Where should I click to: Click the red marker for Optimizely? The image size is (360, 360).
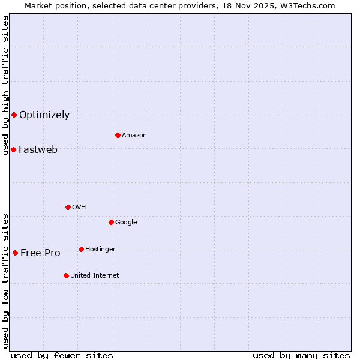click(x=14, y=115)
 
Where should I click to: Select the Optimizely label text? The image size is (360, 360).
click(x=44, y=115)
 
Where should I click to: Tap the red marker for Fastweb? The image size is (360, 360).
click(x=13, y=149)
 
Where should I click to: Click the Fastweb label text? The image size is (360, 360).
click(x=38, y=150)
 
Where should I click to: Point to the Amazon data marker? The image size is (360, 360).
click(x=118, y=135)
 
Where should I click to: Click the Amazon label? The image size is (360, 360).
click(x=134, y=136)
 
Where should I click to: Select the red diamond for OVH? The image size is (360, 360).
click(x=68, y=207)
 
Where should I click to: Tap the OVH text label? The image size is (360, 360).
click(x=79, y=208)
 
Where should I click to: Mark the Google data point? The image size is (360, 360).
click(x=111, y=222)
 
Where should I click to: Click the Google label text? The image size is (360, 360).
click(x=126, y=223)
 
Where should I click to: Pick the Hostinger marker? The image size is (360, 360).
click(x=81, y=249)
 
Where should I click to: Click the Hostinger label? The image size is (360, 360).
click(x=100, y=250)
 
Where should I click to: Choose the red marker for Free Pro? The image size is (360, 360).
click(x=15, y=253)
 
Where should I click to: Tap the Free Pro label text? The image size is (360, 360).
click(x=40, y=253)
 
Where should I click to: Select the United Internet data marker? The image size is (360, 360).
click(x=66, y=275)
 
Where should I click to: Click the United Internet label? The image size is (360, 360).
click(x=95, y=276)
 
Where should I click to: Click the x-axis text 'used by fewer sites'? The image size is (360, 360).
click(x=62, y=356)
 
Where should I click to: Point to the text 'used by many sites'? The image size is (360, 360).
click(x=301, y=356)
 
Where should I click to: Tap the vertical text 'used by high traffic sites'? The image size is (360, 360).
click(x=5, y=85)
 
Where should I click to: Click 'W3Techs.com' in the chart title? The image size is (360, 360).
click(x=311, y=5)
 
